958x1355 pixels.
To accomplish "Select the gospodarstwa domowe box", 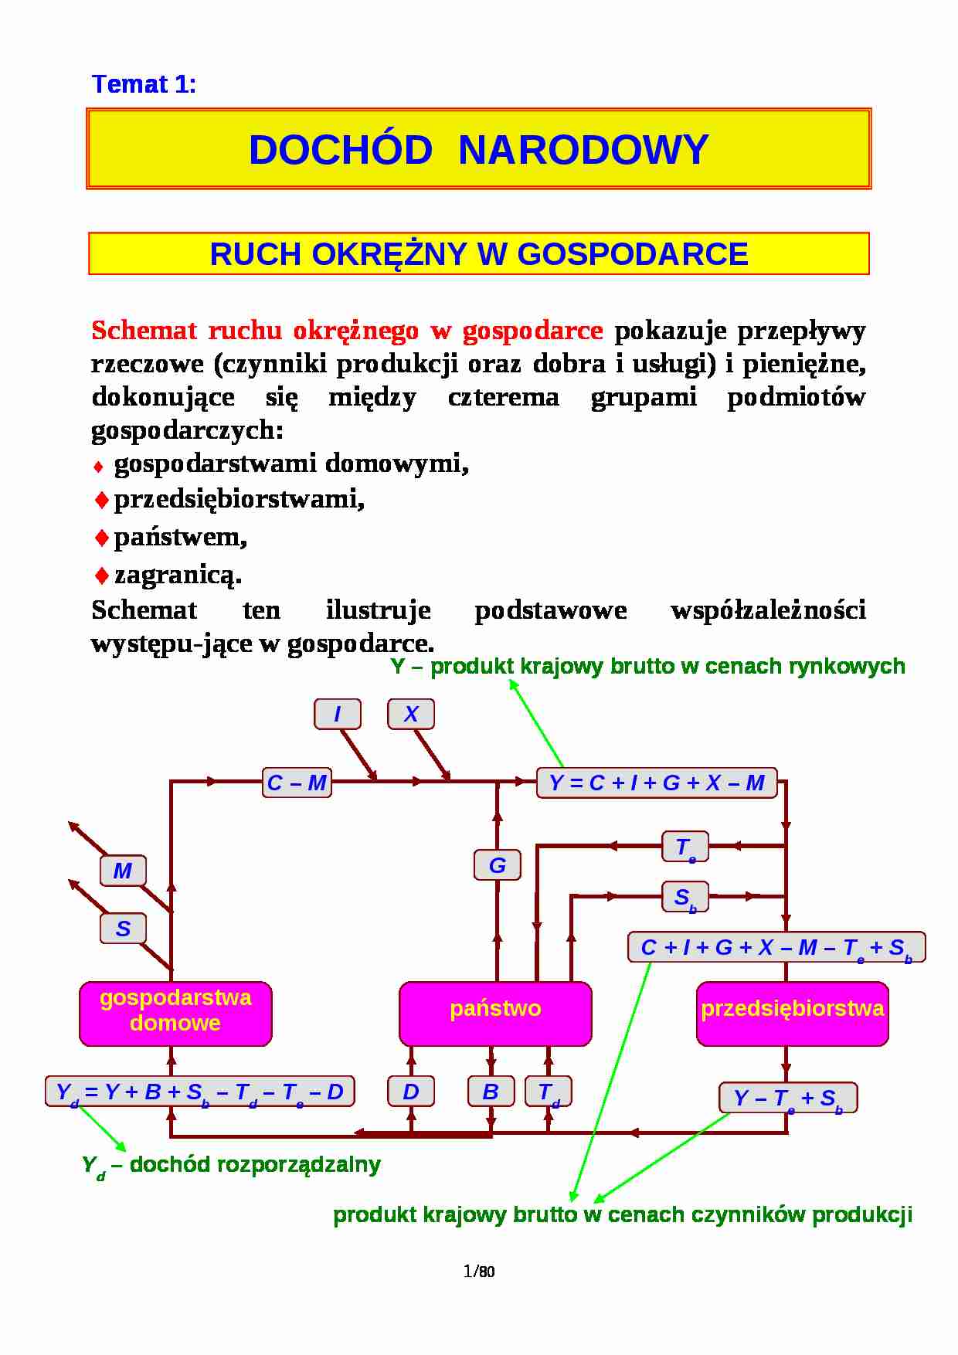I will point(175,1013).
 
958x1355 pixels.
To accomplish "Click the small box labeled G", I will point(497,865).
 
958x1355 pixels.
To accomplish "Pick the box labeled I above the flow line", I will point(337,714).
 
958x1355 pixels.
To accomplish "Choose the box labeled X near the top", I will point(410,714).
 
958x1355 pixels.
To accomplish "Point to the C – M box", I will point(297,783).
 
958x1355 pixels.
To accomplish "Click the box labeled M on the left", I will point(123,871).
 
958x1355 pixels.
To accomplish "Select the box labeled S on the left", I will point(123,929).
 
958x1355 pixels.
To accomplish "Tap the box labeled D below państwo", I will point(410,1092).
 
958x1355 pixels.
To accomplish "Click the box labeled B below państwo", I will point(491,1092).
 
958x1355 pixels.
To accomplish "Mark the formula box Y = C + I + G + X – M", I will point(656,783).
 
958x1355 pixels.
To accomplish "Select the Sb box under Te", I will point(685,897).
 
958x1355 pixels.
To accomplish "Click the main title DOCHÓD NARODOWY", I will point(478,149).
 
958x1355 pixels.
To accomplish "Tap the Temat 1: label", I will point(144,83).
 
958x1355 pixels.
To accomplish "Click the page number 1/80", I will point(478,1271).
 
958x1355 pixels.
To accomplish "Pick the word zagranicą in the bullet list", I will point(178,575).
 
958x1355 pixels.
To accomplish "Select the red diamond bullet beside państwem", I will point(101,538).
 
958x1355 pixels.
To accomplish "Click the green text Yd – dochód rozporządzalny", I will point(231,1165).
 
